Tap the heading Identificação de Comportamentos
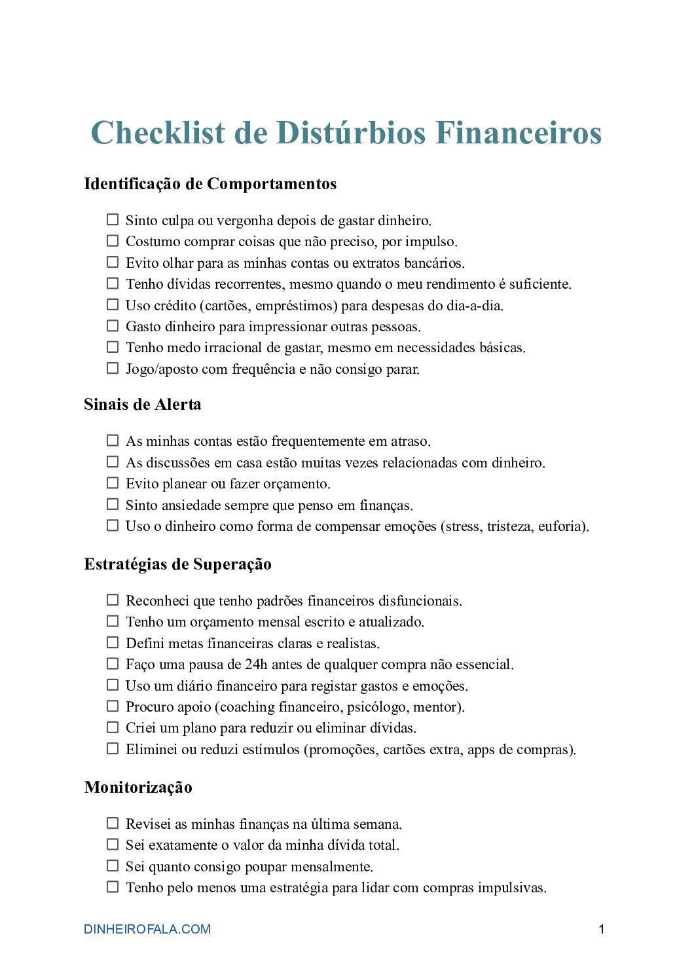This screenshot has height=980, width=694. (x=210, y=184)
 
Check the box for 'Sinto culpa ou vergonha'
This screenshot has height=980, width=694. (x=113, y=220)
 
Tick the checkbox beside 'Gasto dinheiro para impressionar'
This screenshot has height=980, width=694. (x=113, y=326)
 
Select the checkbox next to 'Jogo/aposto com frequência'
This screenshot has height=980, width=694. (x=113, y=369)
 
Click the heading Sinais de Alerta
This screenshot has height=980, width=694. (x=143, y=405)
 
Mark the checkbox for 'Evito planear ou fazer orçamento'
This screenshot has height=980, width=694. (x=113, y=483)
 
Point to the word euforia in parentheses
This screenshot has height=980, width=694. (x=562, y=526)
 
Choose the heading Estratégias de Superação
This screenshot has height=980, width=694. (x=177, y=564)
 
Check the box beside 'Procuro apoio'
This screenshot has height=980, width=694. (x=113, y=706)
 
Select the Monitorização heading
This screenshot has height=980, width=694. (x=138, y=788)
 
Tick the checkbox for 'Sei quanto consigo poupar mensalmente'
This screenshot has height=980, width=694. (x=113, y=866)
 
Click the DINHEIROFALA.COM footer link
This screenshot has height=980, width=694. (x=147, y=929)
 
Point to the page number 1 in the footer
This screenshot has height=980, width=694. (x=602, y=929)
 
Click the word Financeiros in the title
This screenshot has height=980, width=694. (x=518, y=133)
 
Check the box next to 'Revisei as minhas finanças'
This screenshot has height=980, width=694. (x=113, y=824)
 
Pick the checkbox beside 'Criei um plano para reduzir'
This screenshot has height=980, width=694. (x=113, y=727)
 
